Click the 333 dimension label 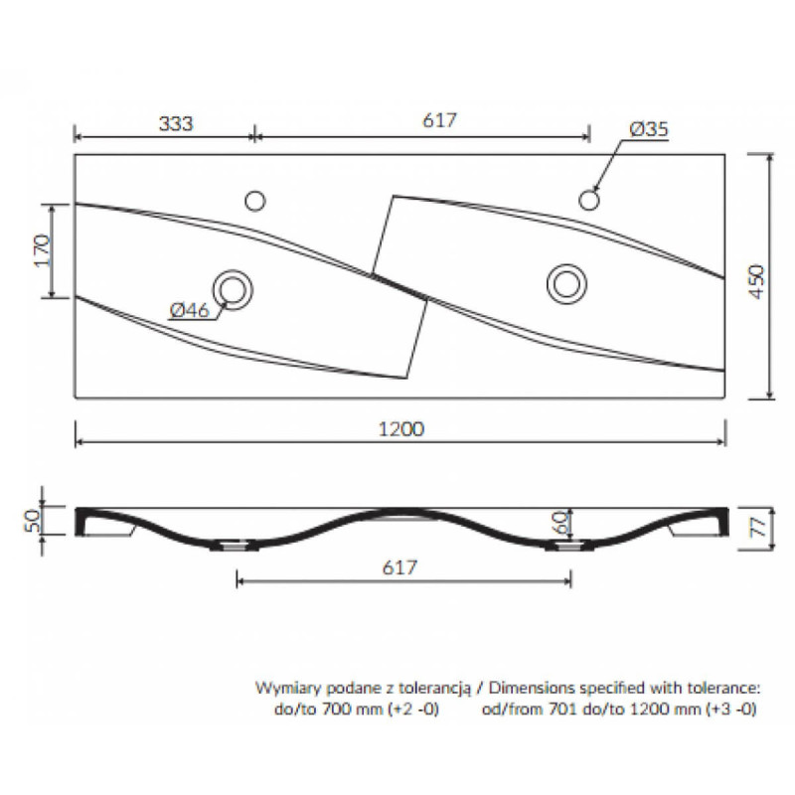pos(176,123)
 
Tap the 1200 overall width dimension pos(401,429)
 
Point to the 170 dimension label pos(43,250)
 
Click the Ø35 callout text pos(649,129)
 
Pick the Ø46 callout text pos(189,310)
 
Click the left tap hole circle pos(255,201)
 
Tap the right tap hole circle pos(589,200)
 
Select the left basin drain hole pos(233,289)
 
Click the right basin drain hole pos(566,284)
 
